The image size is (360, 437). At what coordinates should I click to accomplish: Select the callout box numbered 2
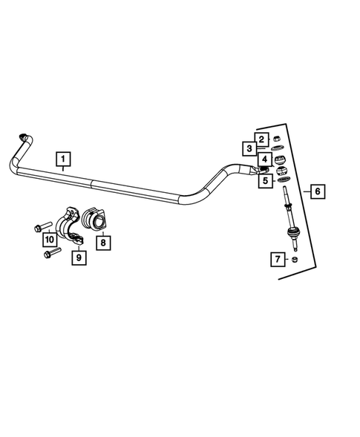click(x=261, y=138)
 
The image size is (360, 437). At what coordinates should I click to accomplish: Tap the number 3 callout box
click(x=250, y=149)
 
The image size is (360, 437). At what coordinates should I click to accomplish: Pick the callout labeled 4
click(x=264, y=160)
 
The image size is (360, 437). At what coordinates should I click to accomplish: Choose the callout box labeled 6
click(x=317, y=191)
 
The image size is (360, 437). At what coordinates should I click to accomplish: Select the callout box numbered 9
click(x=77, y=257)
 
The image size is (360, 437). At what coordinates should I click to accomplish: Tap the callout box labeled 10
click(x=49, y=239)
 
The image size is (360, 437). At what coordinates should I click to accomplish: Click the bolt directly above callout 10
click(x=41, y=226)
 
